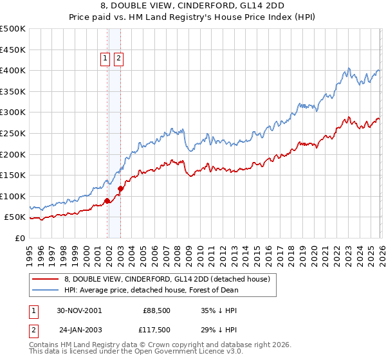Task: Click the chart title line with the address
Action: coord(193,7)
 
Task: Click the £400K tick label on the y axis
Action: coord(13,71)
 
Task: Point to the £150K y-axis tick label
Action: coord(13,175)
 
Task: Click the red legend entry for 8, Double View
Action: coord(170,279)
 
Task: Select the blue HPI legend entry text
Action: coord(151,290)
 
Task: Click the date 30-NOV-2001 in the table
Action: coord(79,310)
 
